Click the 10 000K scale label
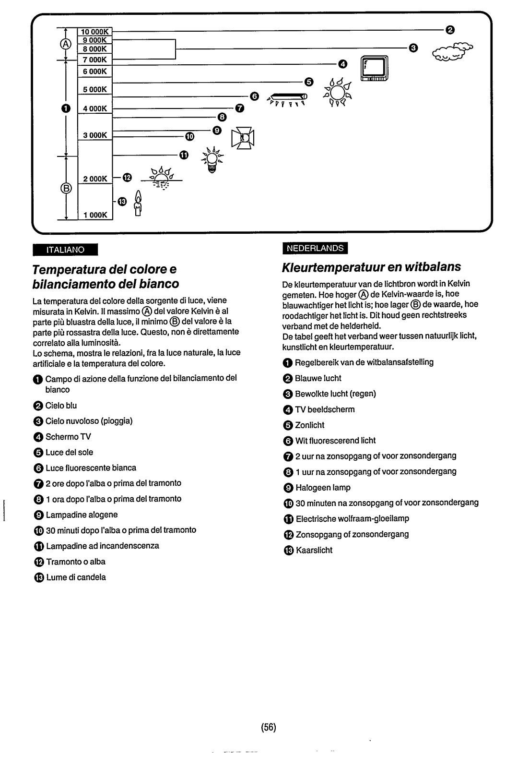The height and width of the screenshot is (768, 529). (95, 32)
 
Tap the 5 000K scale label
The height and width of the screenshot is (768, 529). (95, 90)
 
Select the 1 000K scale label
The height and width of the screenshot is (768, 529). (95, 215)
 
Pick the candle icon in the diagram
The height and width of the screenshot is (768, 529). (139, 204)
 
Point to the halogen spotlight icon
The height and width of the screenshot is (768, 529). (243, 138)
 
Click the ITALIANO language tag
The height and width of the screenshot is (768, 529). (65, 250)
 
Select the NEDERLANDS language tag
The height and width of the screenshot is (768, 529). (315, 248)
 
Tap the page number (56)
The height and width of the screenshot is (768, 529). (269, 727)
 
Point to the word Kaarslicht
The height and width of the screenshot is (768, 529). (314, 550)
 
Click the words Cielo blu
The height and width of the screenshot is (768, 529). (61, 406)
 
